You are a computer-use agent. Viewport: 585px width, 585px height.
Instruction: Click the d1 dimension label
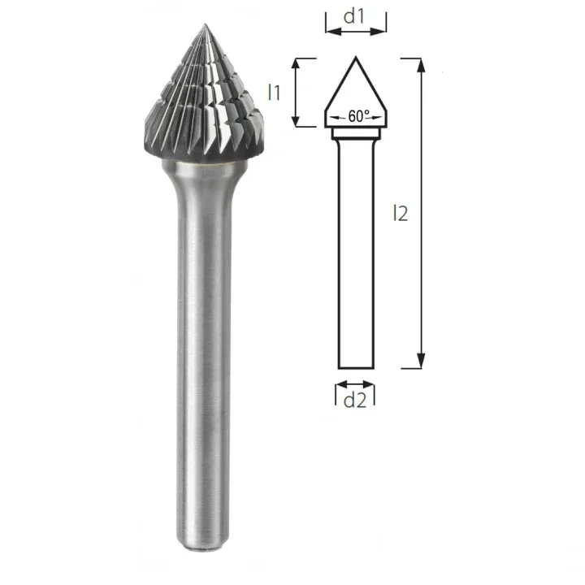pyautogui.click(x=356, y=16)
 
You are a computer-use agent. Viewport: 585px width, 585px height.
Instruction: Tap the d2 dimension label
pyautogui.click(x=355, y=400)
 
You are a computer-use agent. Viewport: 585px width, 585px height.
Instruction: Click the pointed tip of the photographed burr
pyautogui.click(x=202, y=24)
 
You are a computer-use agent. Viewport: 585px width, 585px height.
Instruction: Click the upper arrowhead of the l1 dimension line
pyautogui.click(x=302, y=64)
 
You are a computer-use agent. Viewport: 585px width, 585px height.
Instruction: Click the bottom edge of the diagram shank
pyautogui.click(x=355, y=368)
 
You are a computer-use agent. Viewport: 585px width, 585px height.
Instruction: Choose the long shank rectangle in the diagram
pyautogui.click(x=355, y=252)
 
